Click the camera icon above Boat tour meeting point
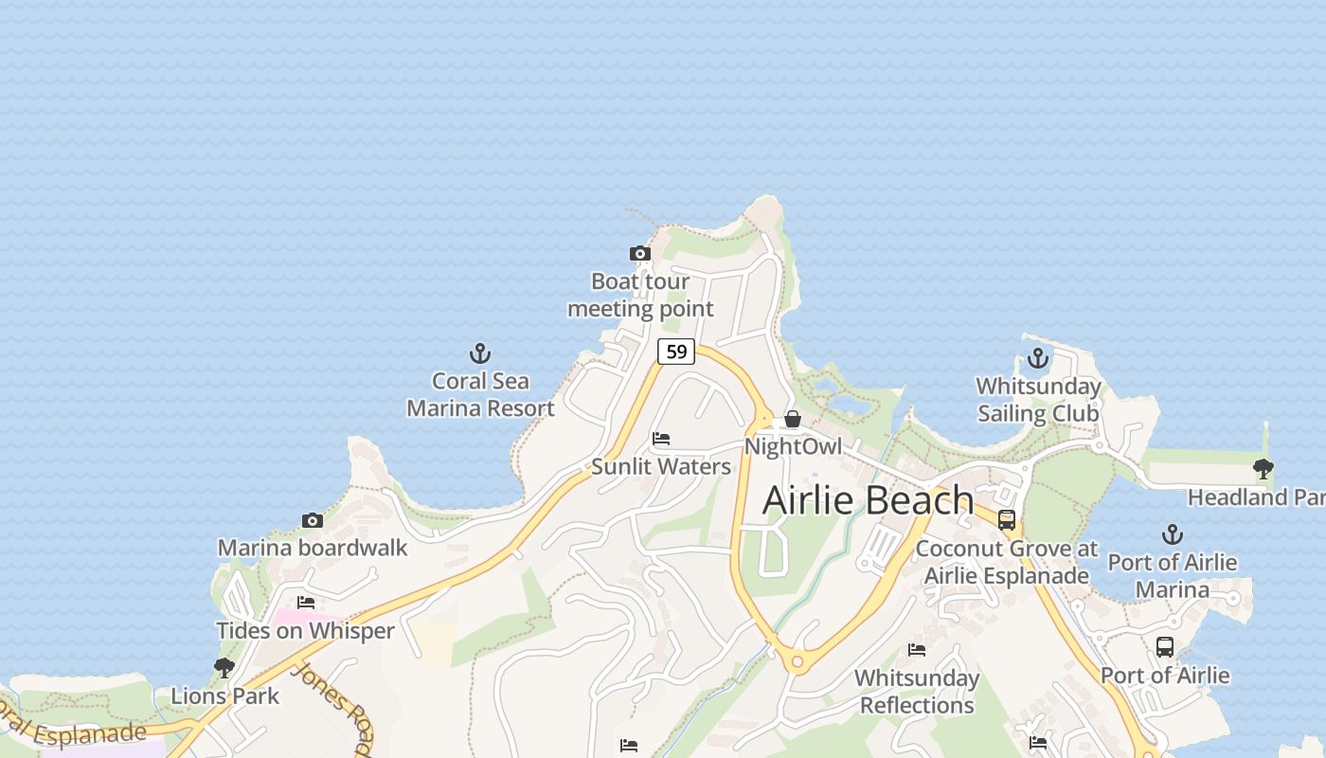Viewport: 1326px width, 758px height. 640,254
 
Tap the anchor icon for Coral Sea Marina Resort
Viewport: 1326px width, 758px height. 480,354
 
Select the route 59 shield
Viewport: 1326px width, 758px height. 676,352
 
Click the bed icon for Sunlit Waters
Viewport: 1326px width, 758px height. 661,439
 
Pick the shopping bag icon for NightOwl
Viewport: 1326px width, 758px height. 793,419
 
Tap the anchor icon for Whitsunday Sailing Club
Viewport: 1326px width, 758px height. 1038,359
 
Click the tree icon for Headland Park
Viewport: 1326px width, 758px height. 1263,468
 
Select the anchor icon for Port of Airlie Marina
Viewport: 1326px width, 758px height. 1173,534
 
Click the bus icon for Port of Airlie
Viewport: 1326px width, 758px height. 1165,647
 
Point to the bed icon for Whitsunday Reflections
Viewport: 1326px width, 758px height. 917,650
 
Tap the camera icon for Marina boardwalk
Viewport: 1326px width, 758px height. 312,520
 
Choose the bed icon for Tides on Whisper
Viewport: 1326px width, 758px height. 305,603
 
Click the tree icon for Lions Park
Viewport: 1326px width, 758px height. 224,668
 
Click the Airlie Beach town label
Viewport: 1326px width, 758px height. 868,500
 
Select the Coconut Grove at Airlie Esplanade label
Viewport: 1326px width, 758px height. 1007,562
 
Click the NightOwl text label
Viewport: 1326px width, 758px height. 793,446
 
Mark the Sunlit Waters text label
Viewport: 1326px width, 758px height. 661,466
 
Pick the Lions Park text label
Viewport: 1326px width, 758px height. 224,696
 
